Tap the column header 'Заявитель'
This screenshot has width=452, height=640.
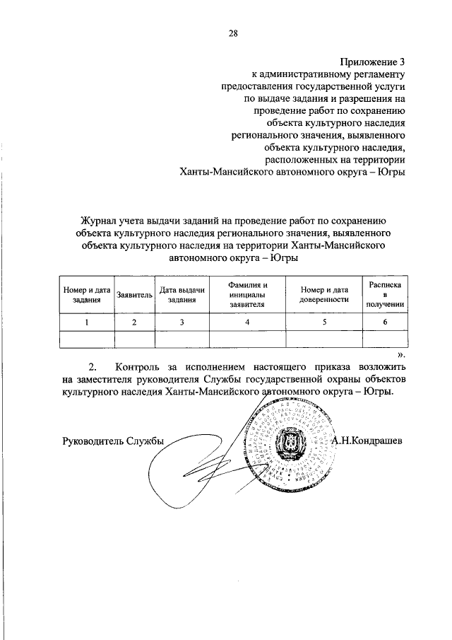click(x=135, y=295)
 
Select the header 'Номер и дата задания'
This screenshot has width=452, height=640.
click(x=87, y=295)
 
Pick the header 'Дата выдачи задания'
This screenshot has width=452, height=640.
click(x=182, y=295)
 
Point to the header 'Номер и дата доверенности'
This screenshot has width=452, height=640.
click(x=324, y=295)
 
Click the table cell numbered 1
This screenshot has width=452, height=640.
click(x=87, y=322)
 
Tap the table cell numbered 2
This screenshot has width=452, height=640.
click(x=135, y=322)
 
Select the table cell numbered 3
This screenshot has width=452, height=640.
click(x=182, y=322)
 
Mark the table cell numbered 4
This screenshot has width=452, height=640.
click(x=247, y=322)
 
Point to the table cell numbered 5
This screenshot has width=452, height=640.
click(x=324, y=322)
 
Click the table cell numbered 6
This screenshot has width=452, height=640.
click(x=385, y=322)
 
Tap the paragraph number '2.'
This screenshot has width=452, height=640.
click(x=93, y=367)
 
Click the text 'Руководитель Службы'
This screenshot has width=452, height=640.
click(x=112, y=441)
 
